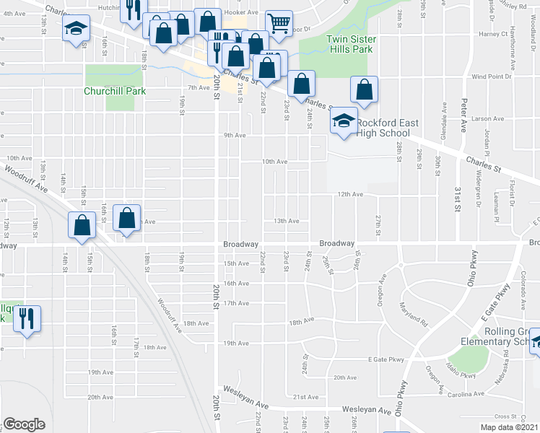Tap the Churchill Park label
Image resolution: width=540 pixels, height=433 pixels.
click(115, 91)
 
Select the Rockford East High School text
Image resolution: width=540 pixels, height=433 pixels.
click(383, 128)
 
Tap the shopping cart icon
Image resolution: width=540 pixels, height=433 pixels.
click(279, 22)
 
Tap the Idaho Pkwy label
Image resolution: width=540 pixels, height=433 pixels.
click(465, 375)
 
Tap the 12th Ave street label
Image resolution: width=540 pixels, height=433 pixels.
click(349, 194)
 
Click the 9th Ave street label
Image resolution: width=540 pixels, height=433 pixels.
click(235, 135)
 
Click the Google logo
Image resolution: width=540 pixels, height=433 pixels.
click(24, 424)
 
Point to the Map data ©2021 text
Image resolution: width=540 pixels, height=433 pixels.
click(508, 427)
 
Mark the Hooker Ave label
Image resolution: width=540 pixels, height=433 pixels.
click(242, 13)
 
